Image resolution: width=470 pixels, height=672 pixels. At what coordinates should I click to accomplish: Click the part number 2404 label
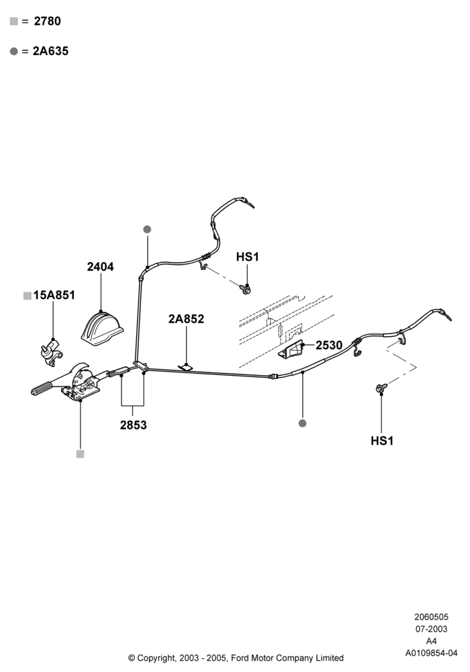[100, 267]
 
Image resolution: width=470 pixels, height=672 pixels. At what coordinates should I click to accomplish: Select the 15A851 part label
[54, 295]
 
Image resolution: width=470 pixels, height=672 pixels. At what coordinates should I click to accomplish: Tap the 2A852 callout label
[186, 319]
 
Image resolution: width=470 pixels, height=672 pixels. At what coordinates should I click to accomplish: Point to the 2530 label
[329, 345]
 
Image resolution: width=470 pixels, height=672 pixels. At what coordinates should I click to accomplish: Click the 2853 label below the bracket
[133, 425]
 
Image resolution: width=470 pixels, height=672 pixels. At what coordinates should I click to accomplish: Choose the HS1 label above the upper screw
[247, 257]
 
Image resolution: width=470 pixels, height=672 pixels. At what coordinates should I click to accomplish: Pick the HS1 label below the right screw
[382, 440]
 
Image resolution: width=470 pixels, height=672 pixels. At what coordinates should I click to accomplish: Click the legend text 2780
[47, 21]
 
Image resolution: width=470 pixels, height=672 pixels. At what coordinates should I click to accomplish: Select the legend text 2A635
[50, 51]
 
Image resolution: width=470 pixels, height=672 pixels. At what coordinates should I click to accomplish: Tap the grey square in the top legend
[14, 21]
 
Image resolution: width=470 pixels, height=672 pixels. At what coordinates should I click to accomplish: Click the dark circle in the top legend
[14, 52]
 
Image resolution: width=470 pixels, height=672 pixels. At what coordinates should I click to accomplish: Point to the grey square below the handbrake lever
[80, 454]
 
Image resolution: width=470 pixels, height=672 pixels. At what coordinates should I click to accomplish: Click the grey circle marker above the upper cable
[147, 229]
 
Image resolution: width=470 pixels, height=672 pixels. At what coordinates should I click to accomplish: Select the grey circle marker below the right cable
[302, 423]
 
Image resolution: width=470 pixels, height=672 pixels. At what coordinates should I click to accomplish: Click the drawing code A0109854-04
[431, 653]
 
